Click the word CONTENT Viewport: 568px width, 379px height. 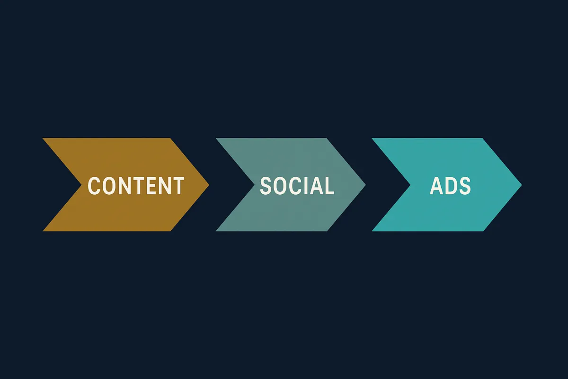point(136,186)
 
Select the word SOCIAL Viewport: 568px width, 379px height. point(297,186)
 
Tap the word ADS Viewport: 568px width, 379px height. point(450,186)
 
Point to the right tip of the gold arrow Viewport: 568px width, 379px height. point(208,185)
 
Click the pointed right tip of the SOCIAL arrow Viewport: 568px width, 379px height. point(365,185)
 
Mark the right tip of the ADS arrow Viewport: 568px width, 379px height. point(521,185)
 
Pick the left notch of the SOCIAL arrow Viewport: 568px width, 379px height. point(254,185)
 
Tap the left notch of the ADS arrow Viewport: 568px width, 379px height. point(410,185)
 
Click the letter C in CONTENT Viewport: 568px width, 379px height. point(95,186)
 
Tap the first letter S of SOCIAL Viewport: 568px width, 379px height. point(266,186)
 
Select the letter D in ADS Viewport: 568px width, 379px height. point(451,186)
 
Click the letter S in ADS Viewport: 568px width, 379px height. point(464,186)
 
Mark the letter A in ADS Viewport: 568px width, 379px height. point(436,186)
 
